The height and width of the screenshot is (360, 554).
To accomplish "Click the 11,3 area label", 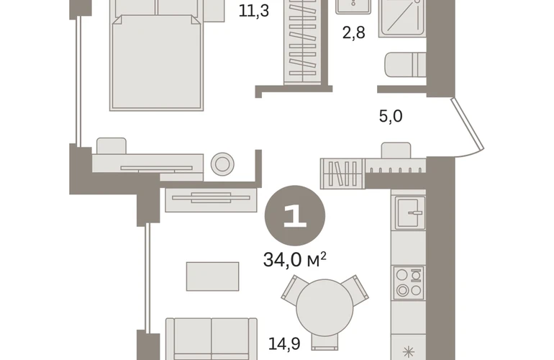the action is pos(254,11).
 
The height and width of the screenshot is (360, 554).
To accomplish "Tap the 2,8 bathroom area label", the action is pos(354,32).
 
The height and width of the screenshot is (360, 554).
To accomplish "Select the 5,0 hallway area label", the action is pos(391,116).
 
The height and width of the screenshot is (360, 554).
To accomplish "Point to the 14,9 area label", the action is pos(284,343).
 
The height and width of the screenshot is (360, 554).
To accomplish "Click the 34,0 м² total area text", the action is pos(295,260).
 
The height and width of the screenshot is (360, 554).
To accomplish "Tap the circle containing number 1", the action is pos(295,215).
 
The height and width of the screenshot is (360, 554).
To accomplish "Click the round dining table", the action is pos(324,307).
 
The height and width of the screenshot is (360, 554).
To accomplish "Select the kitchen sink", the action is pos(409,212).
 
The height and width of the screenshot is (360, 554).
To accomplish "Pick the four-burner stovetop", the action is pos(409,282).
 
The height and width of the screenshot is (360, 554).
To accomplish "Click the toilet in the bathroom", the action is pos(405,65).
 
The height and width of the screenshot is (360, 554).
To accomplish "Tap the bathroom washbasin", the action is pos(353,6).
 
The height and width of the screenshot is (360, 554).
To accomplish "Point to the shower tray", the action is pos(402,18).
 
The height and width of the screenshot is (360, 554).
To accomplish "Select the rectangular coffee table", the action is pos(212,276).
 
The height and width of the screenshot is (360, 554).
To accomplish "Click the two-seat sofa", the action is pos(212,339).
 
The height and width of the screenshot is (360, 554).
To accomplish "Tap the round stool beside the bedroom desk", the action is pos(222,164).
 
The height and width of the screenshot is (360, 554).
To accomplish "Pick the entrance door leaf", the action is pos(467,124).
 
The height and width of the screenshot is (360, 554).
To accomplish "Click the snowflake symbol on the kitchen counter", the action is pos(409,353).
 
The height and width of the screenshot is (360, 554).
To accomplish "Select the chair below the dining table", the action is pos(324,342).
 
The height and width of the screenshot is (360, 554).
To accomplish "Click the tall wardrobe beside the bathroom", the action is pos(303,42).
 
